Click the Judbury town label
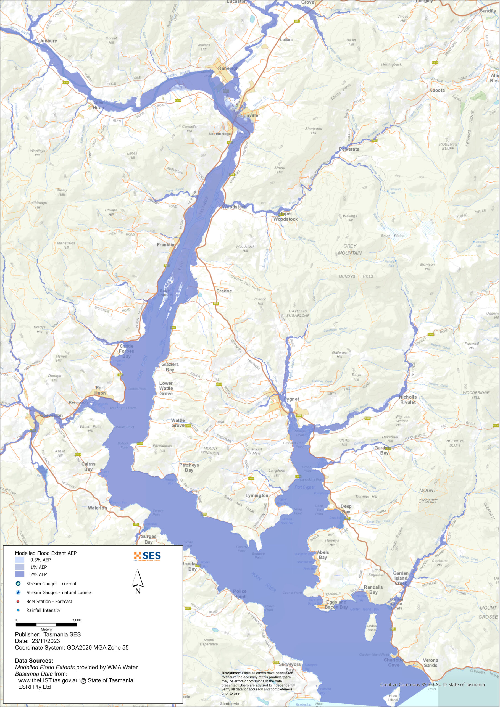(48, 41)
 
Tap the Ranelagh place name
(228, 68)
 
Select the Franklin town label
(165, 244)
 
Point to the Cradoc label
(224, 291)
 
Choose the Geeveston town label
(51, 415)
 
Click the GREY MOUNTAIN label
(350, 249)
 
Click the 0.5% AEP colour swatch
(19, 560)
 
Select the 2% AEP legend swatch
(19, 574)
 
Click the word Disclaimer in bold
(231, 673)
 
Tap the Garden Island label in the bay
(371, 627)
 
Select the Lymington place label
(257, 495)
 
